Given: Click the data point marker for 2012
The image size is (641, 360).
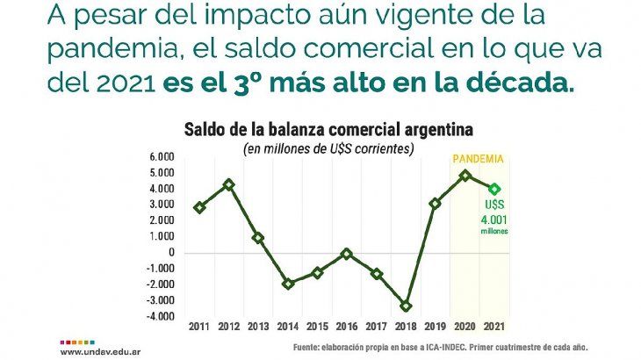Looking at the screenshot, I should click(x=229, y=184).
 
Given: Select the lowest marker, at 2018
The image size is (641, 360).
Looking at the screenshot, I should click(x=406, y=306).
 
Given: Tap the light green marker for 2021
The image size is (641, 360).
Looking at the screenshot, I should click(x=495, y=189).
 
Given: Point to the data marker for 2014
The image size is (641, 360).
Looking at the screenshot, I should click(x=288, y=284).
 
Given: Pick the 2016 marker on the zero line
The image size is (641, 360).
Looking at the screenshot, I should click(x=347, y=254).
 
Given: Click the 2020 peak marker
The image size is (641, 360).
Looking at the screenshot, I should click(x=465, y=175).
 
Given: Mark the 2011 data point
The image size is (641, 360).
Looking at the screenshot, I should click(x=200, y=208).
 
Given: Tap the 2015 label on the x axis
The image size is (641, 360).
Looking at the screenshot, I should click(x=317, y=326).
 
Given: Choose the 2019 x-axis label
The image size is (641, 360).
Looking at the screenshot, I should click(x=436, y=326).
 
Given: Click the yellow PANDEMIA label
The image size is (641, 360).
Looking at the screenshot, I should click(x=478, y=160).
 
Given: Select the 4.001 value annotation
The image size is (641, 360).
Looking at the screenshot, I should click(x=494, y=220).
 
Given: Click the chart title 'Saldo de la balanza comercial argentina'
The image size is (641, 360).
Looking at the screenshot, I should click(x=328, y=129).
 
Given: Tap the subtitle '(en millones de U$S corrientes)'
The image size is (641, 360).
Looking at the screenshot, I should click(x=328, y=148).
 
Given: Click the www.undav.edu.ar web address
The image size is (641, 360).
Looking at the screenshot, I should click(x=97, y=352).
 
